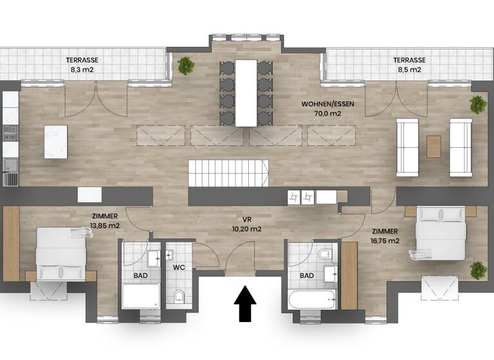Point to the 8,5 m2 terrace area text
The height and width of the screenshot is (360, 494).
408,69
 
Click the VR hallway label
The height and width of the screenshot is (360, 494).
247,219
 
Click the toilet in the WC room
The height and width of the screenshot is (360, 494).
179,296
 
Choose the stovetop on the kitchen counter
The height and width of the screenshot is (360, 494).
10,133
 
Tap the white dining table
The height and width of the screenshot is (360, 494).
246,92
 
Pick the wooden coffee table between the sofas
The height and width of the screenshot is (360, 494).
434,145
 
